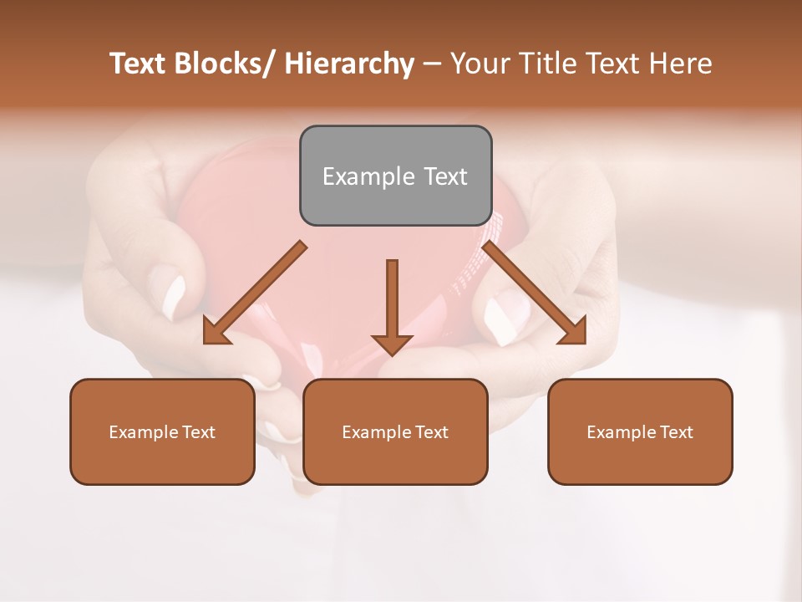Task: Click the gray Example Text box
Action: [x=395, y=176]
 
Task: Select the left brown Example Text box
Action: [x=162, y=431]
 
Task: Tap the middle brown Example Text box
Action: [x=395, y=431]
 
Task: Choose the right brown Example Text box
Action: [x=640, y=431]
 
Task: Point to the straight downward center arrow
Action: [x=392, y=305]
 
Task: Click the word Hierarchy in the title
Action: [x=349, y=64]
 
